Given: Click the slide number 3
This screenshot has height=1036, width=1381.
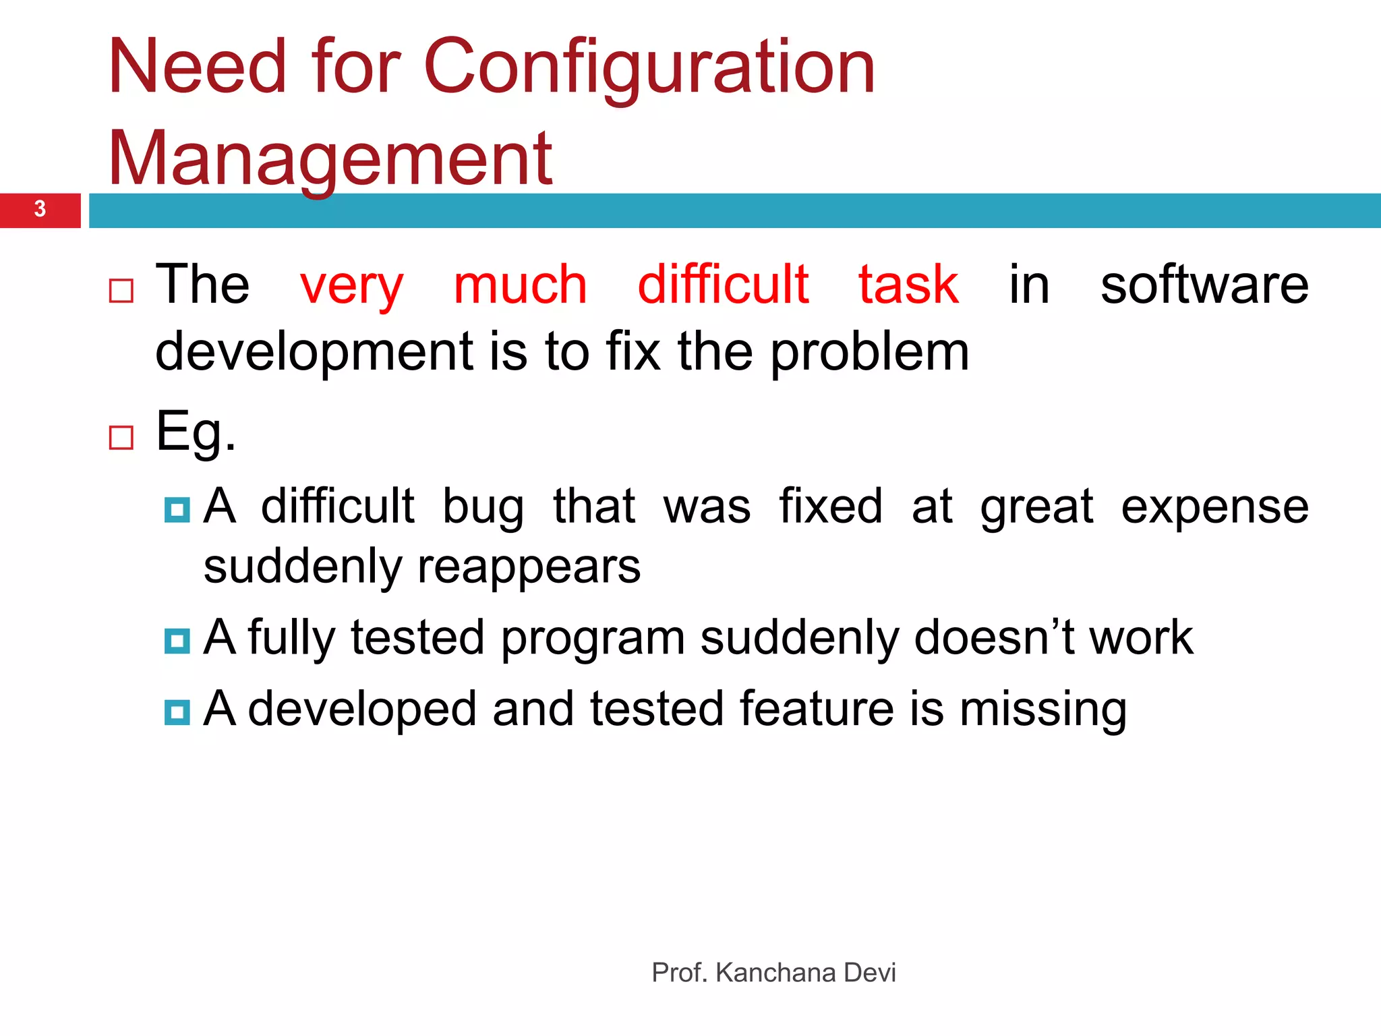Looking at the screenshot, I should tap(40, 209).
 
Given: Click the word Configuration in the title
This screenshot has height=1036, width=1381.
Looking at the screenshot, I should tap(649, 67).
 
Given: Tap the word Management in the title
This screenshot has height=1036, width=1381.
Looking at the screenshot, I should tap(330, 160).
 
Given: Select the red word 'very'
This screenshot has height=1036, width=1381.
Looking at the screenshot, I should tap(351, 287).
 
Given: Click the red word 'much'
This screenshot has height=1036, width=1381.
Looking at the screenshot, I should tap(520, 285).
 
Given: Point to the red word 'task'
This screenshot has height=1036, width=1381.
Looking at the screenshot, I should tap(908, 285).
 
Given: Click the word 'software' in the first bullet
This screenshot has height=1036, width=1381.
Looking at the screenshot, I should tap(1204, 285).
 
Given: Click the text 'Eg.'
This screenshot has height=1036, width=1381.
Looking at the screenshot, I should tap(196, 432).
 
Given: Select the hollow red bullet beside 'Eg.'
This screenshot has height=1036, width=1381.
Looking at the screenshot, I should tap(121, 438).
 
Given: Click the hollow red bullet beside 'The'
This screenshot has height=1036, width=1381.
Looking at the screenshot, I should tap(121, 291).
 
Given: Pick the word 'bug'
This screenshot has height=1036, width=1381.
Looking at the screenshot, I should tap(483, 507).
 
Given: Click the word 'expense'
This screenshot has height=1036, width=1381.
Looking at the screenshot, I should tap(1214, 507).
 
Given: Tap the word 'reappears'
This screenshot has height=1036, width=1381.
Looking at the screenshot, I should tap(529, 567).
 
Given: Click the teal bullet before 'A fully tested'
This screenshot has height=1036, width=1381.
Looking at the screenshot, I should tap(177, 640).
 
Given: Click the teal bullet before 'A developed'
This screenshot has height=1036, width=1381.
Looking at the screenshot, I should tap(177, 712).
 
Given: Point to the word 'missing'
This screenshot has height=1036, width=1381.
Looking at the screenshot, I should tap(1042, 710).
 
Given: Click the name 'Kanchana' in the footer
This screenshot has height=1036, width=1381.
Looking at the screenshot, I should tap(775, 973).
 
